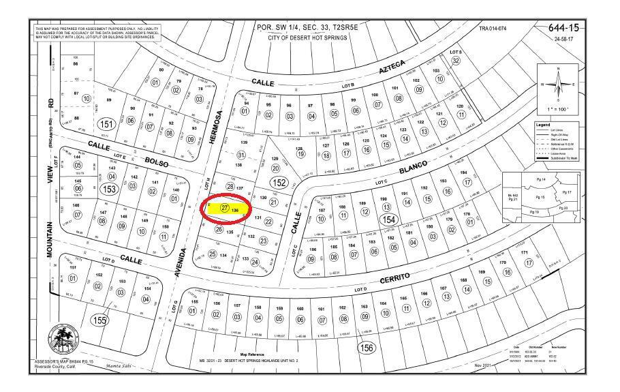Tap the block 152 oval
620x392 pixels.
click(278, 182)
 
